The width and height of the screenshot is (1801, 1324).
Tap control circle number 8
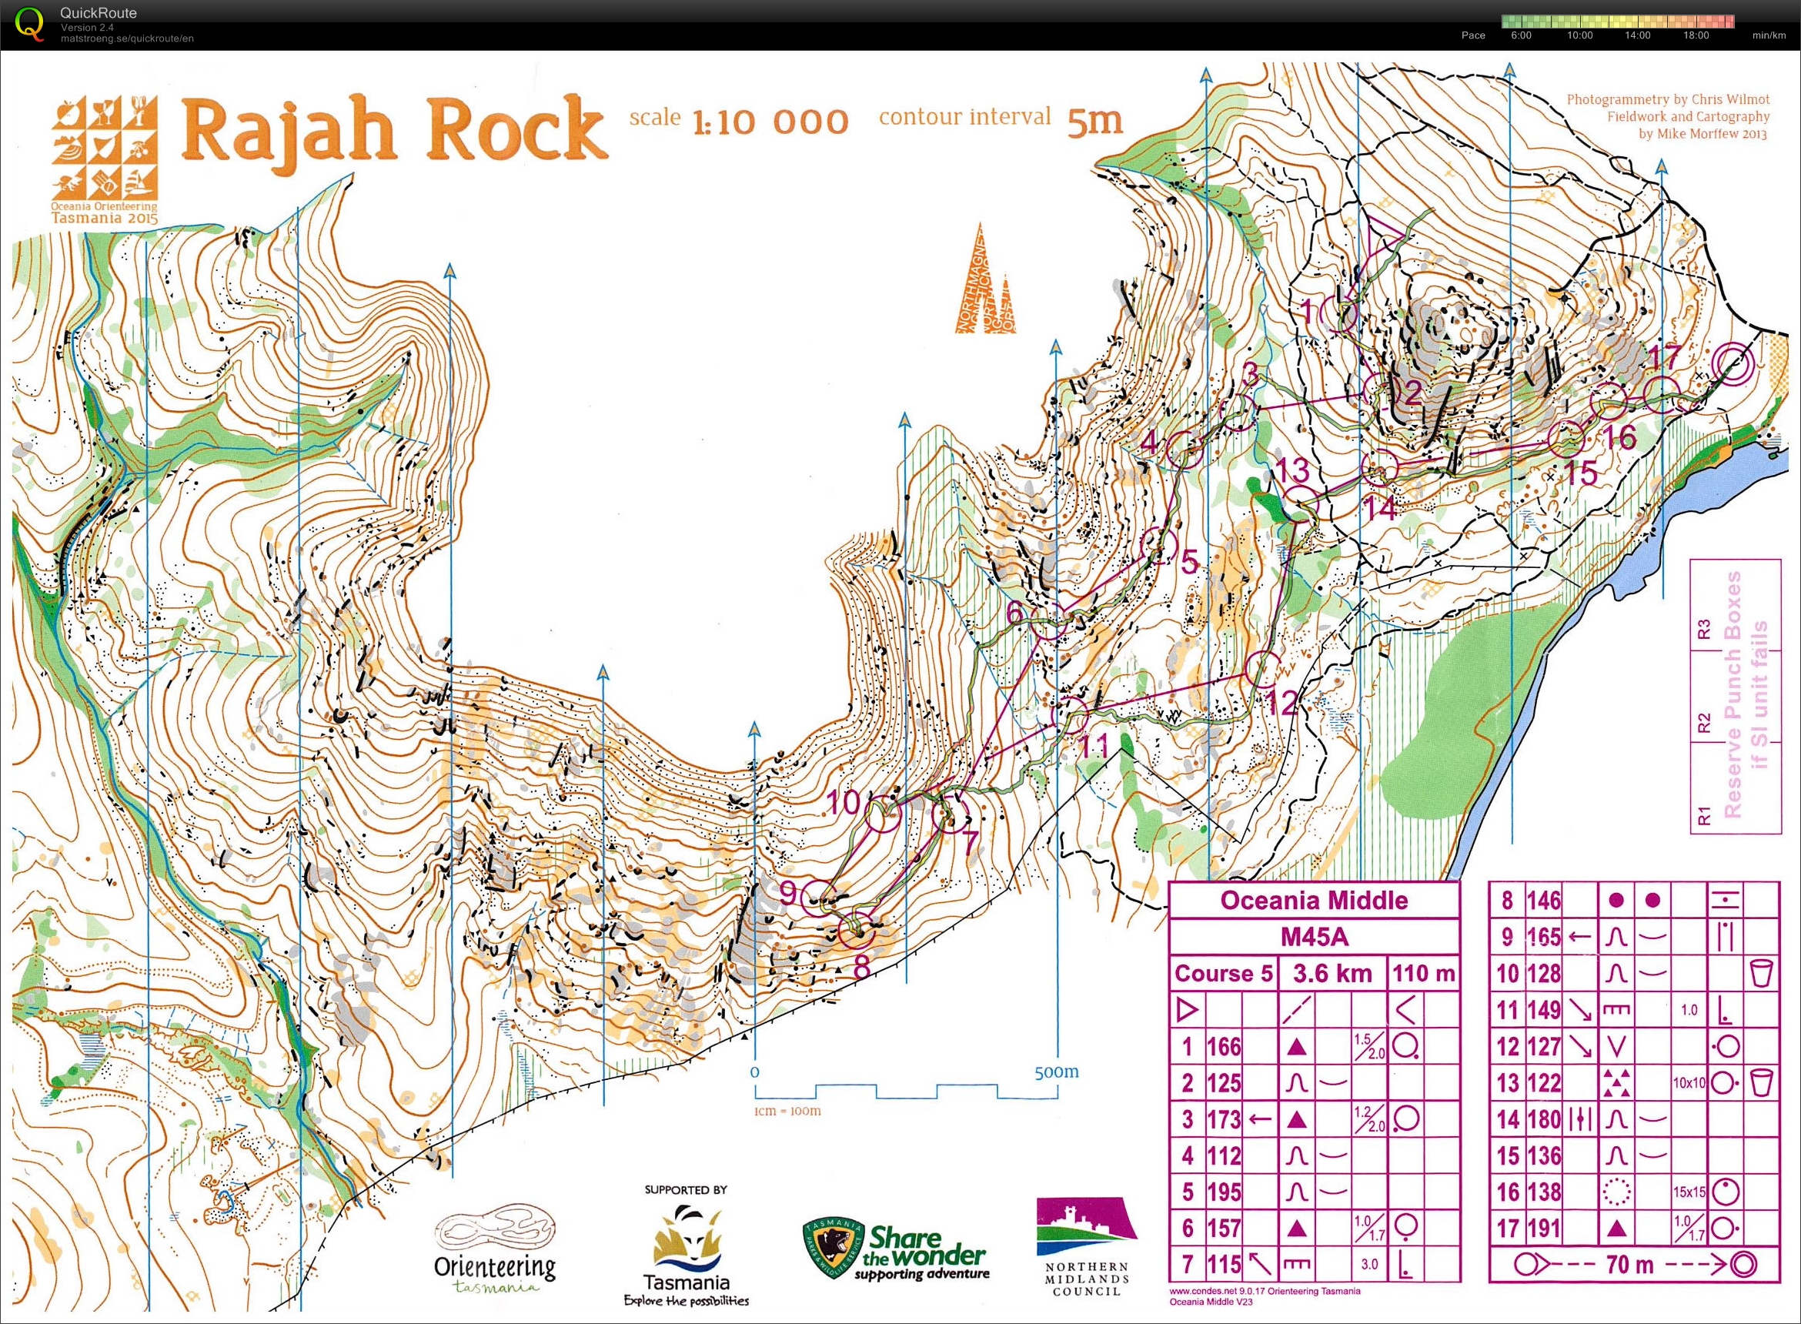pyautogui.click(x=857, y=931)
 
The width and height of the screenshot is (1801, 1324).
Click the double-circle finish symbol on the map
pyautogui.click(x=1734, y=365)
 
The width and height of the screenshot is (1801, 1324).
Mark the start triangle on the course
pyautogui.click(x=1388, y=233)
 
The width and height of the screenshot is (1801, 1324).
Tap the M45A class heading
pyautogui.click(x=1313, y=937)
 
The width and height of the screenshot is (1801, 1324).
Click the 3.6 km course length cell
pyautogui.click(x=1332, y=974)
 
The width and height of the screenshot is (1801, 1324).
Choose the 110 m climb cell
pyautogui.click(x=1424, y=974)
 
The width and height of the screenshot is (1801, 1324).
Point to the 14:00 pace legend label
pyautogui.click(x=1637, y=35)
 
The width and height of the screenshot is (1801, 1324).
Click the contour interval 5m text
pyautogui.click(x=1000, y=119)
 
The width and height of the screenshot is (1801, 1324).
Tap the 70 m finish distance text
pyautogui.click(x=1629, y=1265)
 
